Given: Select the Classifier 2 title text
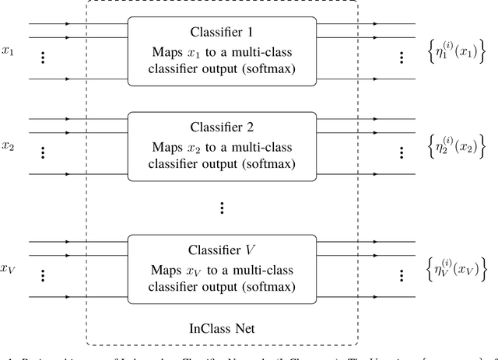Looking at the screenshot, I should pyautogui.click(x=222, y=127).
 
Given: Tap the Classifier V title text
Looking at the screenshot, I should pyautogui.click(x=222, y=250).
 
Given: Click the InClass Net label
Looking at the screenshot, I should pyautogui.click(x=222, y=327).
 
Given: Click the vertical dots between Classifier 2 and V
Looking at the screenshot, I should pyautogui.click(x=222, y=208).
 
